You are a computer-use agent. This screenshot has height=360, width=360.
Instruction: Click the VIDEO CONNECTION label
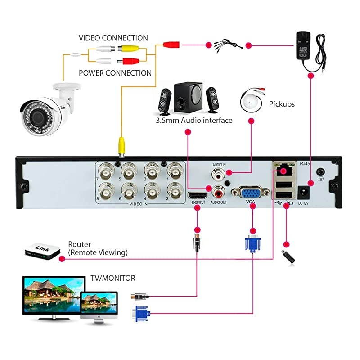(x=113, y=38)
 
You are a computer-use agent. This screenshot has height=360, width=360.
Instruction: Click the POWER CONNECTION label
(x=115, y=73)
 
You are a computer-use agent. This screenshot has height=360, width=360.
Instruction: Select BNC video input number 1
(x=174, y=171)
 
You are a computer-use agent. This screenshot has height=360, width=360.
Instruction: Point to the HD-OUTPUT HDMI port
(x=197, y=195)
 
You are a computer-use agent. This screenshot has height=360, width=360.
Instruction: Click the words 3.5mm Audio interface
(x=194, y=121)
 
